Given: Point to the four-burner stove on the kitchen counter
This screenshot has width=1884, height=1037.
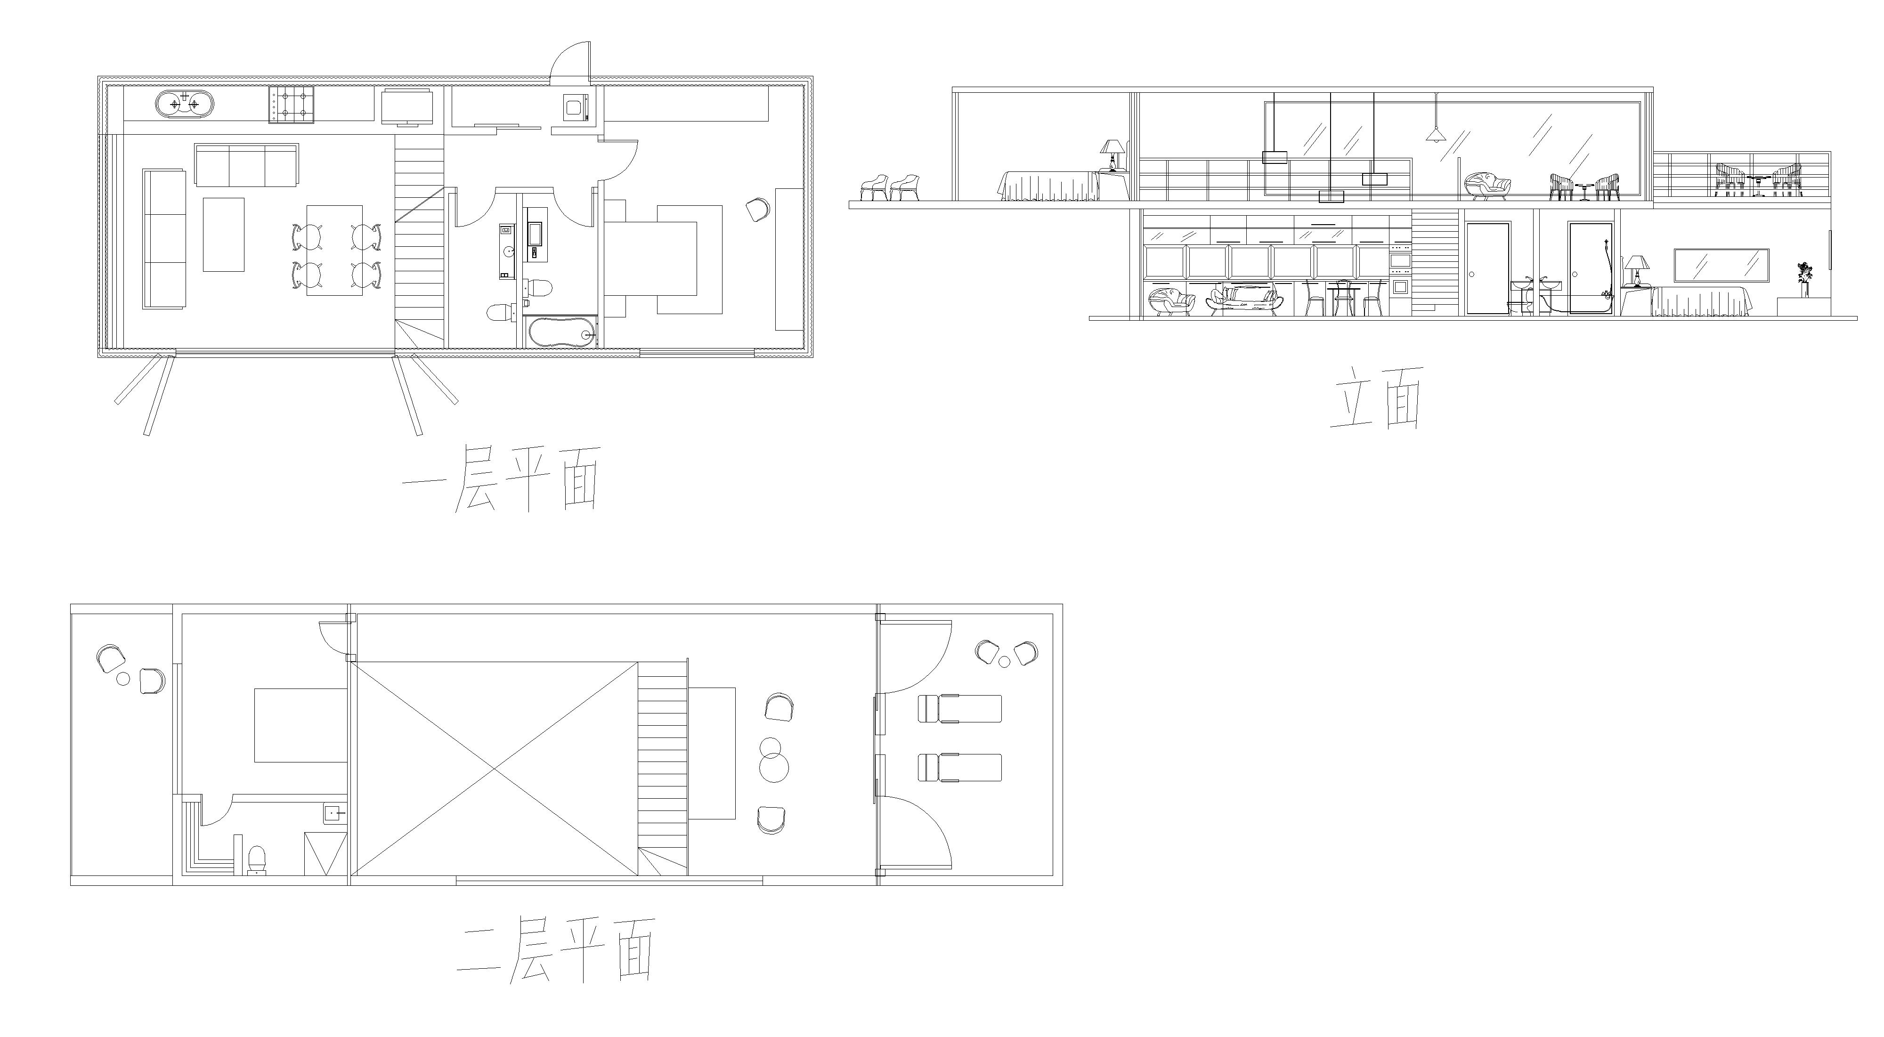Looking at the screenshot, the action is tap(292, 105).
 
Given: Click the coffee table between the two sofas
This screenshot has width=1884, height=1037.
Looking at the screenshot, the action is tap(223, 234).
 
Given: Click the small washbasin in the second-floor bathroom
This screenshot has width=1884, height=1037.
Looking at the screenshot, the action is tap(334, 812).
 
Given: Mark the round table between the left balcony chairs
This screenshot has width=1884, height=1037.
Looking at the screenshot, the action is tap(123, 679).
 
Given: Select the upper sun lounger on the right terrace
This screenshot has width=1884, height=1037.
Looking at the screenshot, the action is tap(959, 709).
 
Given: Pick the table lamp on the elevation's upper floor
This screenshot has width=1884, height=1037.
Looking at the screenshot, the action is tap(1113, 156).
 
